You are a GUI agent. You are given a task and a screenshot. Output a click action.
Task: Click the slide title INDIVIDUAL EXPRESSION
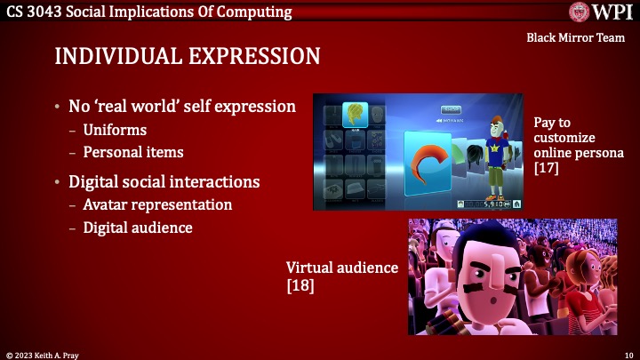tap(187, 56)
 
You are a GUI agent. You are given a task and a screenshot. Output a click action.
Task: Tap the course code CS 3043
tap(33, 12)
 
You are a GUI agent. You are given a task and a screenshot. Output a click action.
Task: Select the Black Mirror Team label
tap(577, 38)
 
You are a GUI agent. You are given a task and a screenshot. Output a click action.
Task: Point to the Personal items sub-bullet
tap(133, 152)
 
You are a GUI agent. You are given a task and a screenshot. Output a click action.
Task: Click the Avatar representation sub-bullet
tap(157, 204)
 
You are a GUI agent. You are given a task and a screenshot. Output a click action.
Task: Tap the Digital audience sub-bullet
tap(138, 228)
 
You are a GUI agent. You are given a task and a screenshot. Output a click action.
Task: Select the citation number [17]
tap(546, 167)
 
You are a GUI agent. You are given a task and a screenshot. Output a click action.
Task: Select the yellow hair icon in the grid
tap(355, 114)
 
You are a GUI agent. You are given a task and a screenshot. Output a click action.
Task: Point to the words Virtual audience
tap(341, 267)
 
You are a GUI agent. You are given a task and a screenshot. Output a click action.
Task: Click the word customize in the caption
tap(566, 139)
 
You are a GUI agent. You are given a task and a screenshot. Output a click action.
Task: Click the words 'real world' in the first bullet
tap(139, 107)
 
